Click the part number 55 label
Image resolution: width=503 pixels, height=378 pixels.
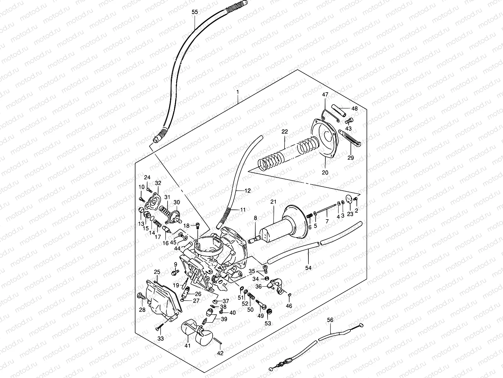(x=195, y=12)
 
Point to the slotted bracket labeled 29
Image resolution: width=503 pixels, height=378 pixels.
(x=350, y=138)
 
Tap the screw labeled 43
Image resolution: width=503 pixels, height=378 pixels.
(x=349, y=120)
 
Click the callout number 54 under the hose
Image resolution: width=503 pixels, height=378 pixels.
(x=308, y=268)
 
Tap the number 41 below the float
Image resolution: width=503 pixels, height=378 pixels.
(x=188, y=346)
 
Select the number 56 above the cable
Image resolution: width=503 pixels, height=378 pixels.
(x=330, y=320)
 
